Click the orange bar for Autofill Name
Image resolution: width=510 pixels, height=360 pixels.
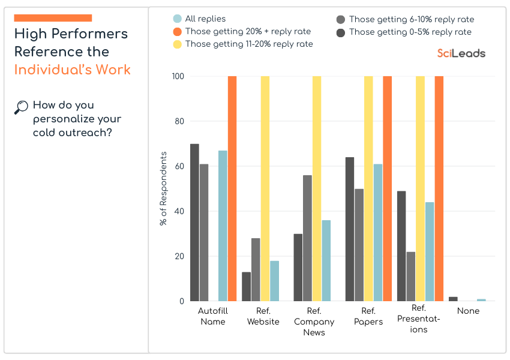pyautogui.click(x=232, y=188)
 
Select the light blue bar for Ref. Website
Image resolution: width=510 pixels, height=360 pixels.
pyautogui.click(x=274, y=281)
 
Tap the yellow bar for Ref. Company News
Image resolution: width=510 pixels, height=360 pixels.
pyautogui.click(x=317, y=188)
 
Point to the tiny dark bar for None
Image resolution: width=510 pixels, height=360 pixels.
pyautogui.click(x=453, y=299)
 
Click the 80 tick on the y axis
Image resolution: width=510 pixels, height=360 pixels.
pyautogui.click(x=179, y=121)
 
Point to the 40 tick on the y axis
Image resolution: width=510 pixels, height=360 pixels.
pyautogui.click(x=179, y=211)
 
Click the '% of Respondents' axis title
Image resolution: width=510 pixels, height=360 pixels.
pyautogui.click(x=163, y=188)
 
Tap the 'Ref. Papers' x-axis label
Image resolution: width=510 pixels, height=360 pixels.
pyautogui.click(x=368, y=316)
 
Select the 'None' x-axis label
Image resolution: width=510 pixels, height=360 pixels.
pyautogui.click(x=468, y=311)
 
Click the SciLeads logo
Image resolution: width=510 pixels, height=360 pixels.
pyautogui.click(x=461, y=53)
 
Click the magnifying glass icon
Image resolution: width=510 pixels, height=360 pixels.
pyautogui.click(x=21, y=107)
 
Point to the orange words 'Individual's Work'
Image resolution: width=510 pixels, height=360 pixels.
pyautogui.click(x=72, y=70)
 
